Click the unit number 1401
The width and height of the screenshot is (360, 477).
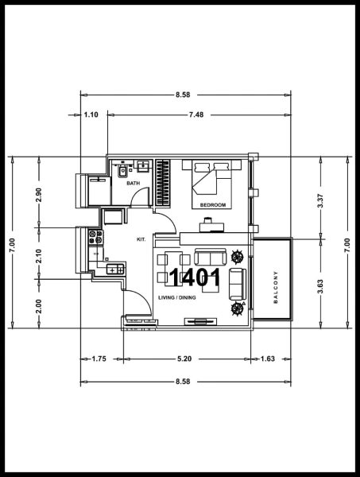195,277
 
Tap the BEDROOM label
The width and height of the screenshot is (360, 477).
212,205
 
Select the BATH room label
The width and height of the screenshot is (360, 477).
133,184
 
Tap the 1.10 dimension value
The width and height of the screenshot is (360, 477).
91,114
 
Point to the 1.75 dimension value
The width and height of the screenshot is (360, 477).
99,359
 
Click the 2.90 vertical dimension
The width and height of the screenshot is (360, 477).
38,196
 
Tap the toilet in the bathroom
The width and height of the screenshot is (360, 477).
122,169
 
